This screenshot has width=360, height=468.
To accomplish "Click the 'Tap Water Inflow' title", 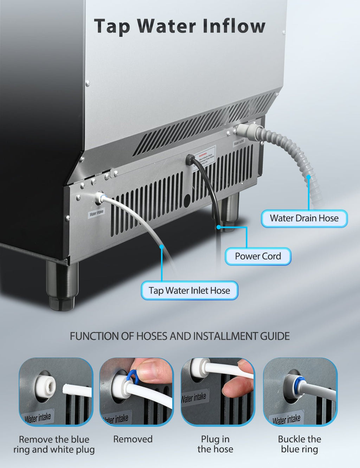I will coord(179,26).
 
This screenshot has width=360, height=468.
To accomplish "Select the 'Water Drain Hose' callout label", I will coord(304,218).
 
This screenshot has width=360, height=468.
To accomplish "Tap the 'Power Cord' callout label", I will coord(258,256).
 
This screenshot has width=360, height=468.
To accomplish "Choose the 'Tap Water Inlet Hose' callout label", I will coord(189,291).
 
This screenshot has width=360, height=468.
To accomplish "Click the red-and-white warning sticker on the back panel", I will coord(204,158).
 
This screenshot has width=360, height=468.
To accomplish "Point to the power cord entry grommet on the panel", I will coord(190,160).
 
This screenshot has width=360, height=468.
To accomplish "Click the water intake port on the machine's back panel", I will coord(99,198).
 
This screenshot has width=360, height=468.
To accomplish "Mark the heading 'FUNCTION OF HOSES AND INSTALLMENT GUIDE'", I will coord(180,336).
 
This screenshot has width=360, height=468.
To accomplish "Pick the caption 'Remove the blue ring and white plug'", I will coord(54,444).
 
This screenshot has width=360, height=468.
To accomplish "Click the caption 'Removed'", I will coord(133,439).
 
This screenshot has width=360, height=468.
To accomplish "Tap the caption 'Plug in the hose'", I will coord(215,444).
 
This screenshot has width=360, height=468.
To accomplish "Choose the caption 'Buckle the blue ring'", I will coord(300,444).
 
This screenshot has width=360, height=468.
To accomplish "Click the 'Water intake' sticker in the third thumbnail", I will coord(194,398).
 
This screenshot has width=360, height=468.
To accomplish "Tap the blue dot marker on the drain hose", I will coord(308,177).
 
